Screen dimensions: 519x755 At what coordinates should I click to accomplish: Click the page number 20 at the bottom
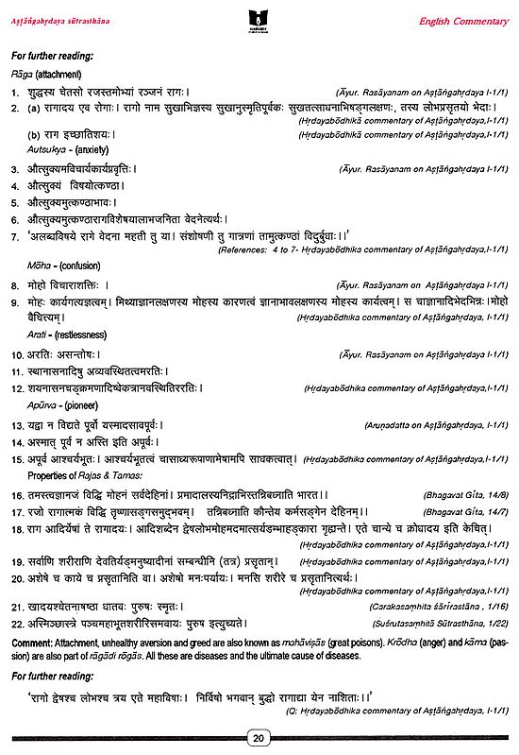[x=259, y=737]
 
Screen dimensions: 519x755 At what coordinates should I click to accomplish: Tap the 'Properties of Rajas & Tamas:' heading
[x=87, y=475]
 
